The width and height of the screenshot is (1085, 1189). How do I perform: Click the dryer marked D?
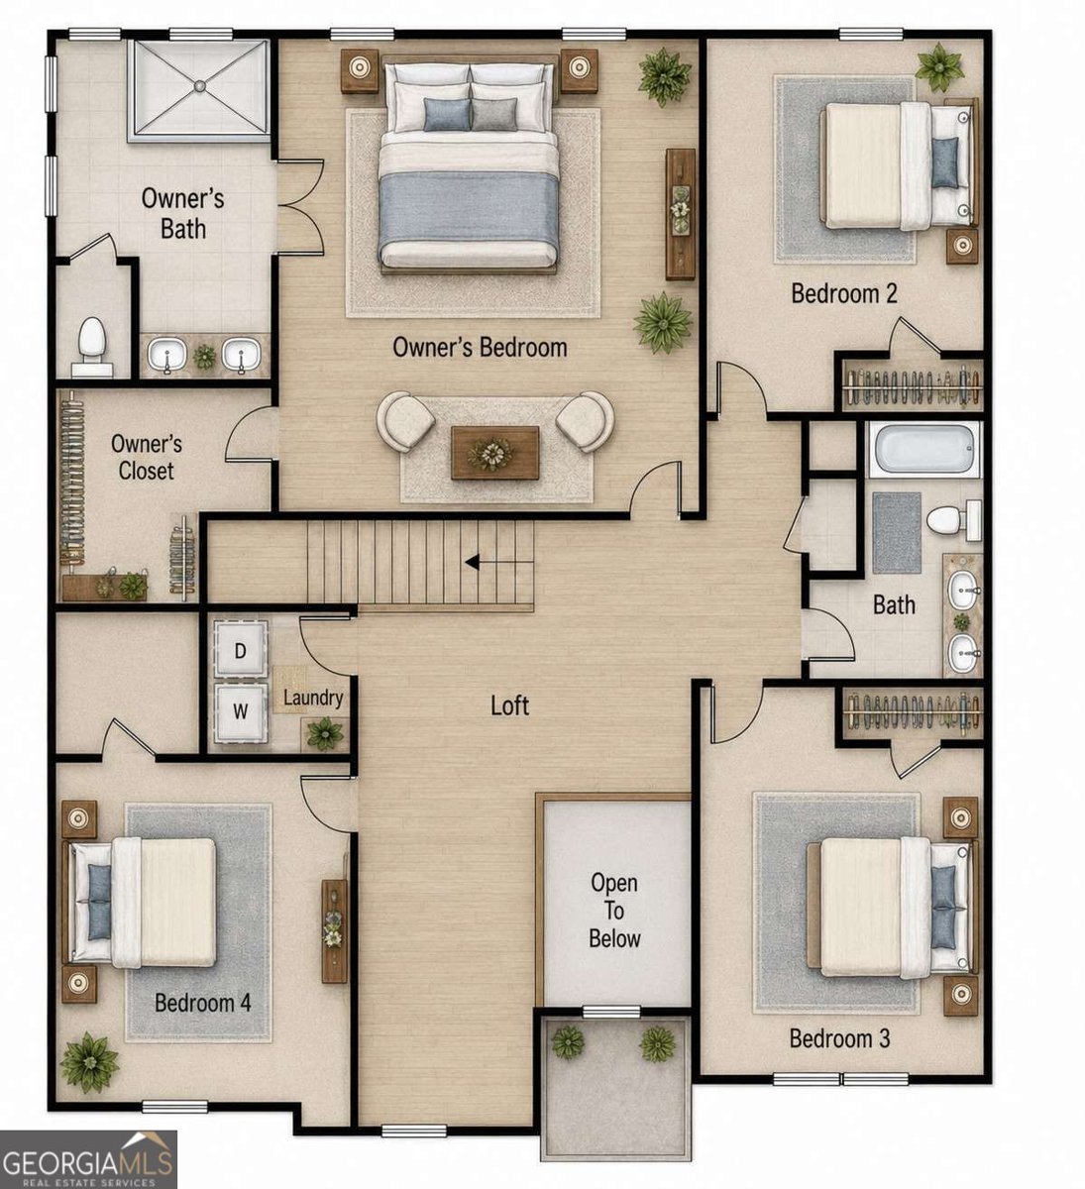pyautogui.click(x=240, y=649)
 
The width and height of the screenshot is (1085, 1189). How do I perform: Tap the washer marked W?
pyautogui.click(x=240, y=711)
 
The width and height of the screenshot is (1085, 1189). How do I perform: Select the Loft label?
pyautogui.click(x=510, y=705)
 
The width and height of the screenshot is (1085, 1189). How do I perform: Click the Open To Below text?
pyautogui.click(x=614, y=911)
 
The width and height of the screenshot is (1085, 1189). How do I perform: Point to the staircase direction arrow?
pyautogui.click(x=472, y=563)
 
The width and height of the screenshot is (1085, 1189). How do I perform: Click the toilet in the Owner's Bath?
pyautogui.click(x=92, y=346)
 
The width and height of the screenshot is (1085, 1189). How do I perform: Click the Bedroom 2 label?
pyautogui.click(x=843, y=293)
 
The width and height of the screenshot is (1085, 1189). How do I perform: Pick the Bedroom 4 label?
pyautogui.click(x=203, y=1003)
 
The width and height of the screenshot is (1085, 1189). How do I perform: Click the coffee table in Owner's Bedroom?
pyautogui.click(x=495, y=453)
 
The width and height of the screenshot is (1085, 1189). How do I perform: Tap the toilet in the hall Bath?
pyautogui.click(x=953, y=520)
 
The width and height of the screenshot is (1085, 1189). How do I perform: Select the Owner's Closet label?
pyautogui.click(x=147, y=457)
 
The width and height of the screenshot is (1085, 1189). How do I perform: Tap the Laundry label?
pyautogui.click(x=313, y=698)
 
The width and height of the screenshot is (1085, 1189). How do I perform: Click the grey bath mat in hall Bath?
pyautogui.click(x=897, y=533)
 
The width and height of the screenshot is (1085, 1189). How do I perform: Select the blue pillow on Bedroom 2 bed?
pyautogui.click(x=945, y=163)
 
